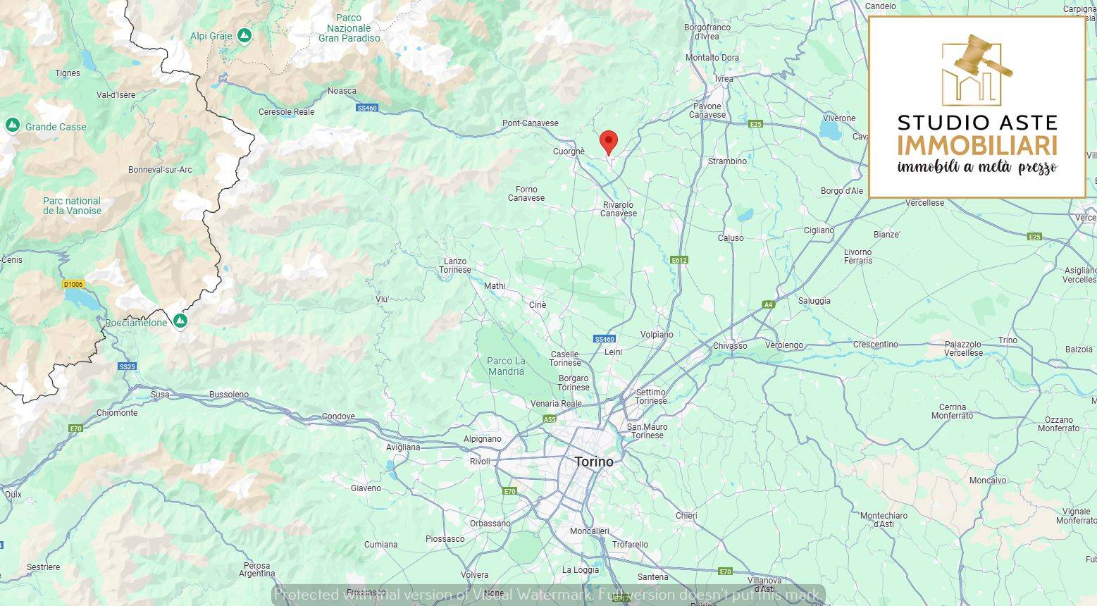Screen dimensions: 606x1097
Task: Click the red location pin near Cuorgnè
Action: pyautogui.click(x=608, y=142)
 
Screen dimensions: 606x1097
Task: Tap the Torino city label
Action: pyautogui.click(x=594, y=462)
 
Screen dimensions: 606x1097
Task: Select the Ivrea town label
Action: pyautogui.click(x=724, y=79)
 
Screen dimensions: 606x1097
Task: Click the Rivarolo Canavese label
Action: pyautogui.click(x=619, y=209)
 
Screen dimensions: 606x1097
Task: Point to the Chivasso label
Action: pyautogui.click(x=730, y=346)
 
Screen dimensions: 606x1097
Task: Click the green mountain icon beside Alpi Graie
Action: pyautogui.click(x=244, y=35)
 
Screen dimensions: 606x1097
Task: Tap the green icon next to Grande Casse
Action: pyautogui.click(x=12, y=125)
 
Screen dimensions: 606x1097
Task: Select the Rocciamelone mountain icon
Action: pyautogui.click(x=180, y=321)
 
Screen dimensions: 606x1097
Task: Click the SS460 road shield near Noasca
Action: pyautogui.click(x=367, y=108)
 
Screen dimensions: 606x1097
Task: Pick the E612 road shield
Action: pyautogui.click(x=678, y=260)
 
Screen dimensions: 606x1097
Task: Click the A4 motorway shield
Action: pyautogui.click(x=768, y=304)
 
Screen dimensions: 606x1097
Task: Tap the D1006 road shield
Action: pyautogui.click(x=73, y=285)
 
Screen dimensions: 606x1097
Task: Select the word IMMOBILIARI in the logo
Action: pyautogui.click(x=977, y=146)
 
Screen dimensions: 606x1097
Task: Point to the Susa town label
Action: pyautogui.click(x=160, y=394)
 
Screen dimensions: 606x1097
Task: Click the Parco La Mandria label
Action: pyautogui.click(x=506, y=366)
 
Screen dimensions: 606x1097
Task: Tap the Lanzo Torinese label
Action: pyautogui.click(x=454, y=266)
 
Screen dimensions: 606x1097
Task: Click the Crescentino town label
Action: pyautogui.click(x=875, y=345)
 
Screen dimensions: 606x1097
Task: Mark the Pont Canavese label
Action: pyautogui.click(x=530, y=123)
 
